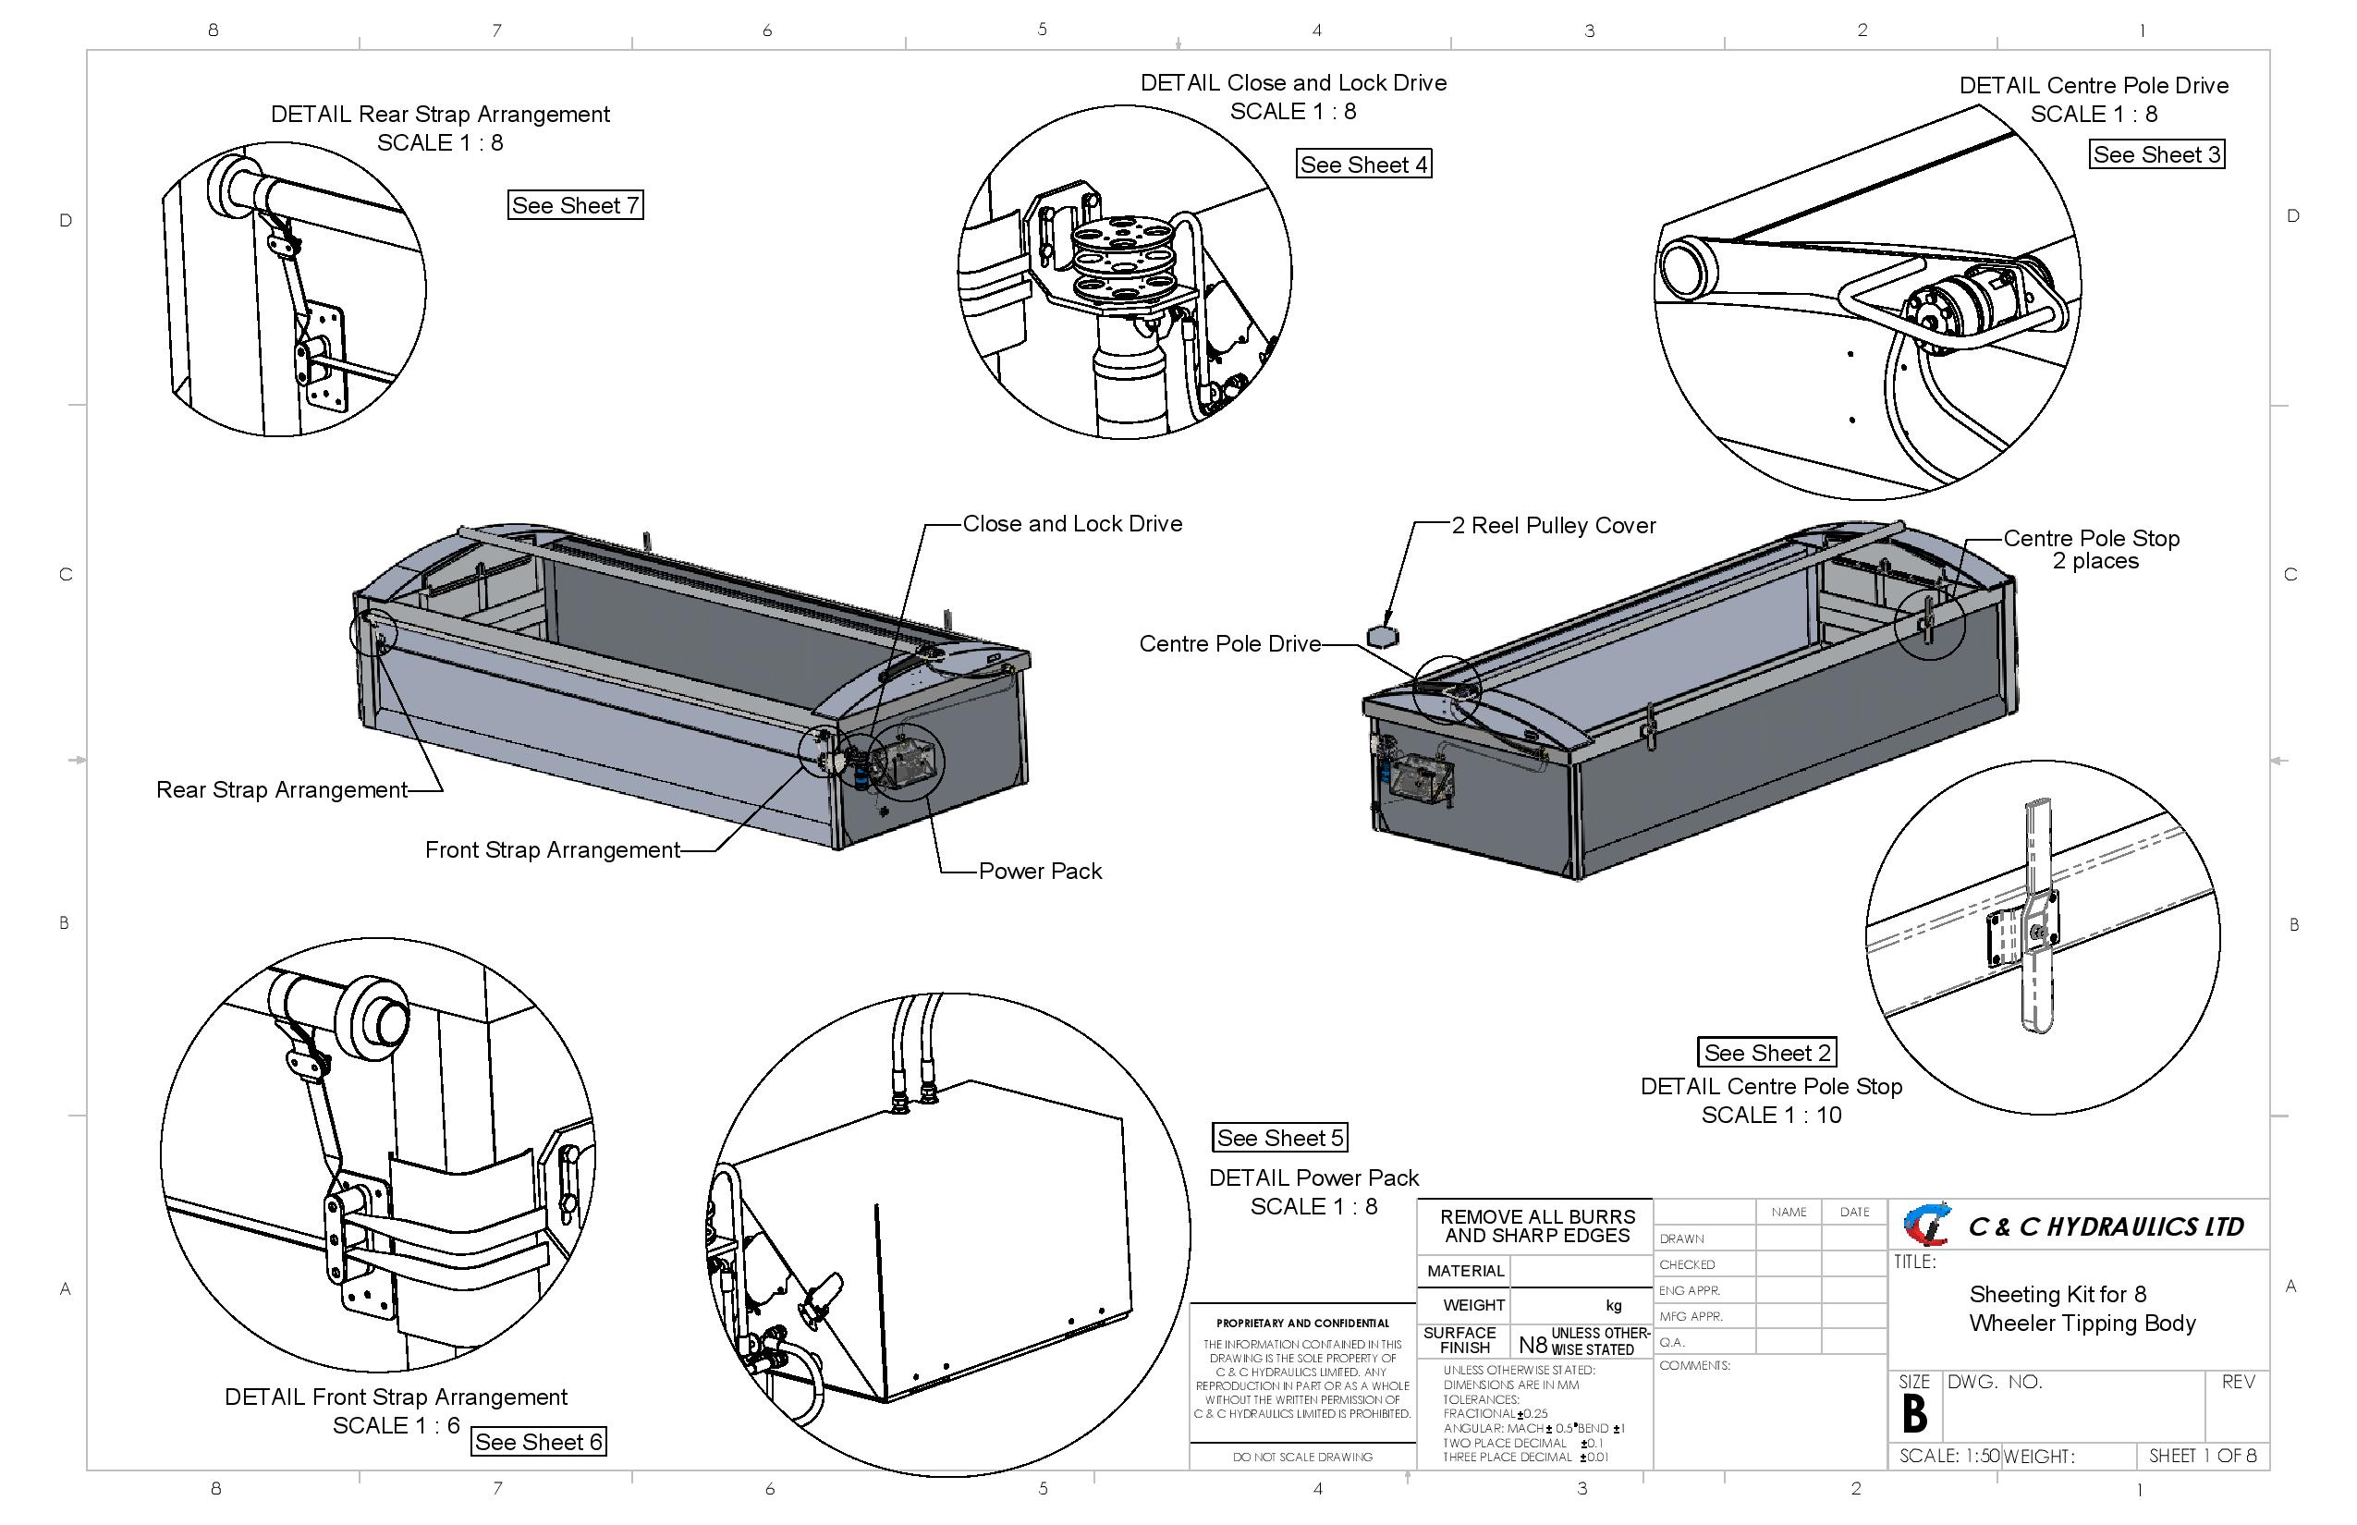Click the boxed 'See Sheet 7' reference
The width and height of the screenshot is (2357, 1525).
click(x=574, y=205)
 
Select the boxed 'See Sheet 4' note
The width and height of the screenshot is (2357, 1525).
click(x=1362, y=165)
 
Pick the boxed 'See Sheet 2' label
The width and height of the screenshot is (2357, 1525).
click(x=1765, y=1053)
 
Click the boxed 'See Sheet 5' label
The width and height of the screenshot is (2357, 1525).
click(x=1278, y=1138)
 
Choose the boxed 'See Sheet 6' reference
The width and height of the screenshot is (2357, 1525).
click(x=537, y=1442)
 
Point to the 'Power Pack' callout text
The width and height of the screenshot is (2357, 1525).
click(x=1039, y=872)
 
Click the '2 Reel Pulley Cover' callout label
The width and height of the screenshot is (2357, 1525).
click(x=1552, y=526)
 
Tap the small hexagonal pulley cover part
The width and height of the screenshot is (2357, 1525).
click(x=1382, y=636)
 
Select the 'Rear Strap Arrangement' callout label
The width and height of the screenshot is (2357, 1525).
click(x=281, y=790)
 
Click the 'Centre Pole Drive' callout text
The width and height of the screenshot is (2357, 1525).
click(x=1229, y=643)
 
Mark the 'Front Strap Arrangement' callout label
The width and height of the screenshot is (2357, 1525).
click(x=552, y=849)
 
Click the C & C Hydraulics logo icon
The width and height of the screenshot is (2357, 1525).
click(x=1926, y=1224)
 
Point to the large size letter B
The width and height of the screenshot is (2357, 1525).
click(x=1913, y=1414)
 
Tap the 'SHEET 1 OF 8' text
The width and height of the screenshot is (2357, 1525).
click(x=2202, y=1456)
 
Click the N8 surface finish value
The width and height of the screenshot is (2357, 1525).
click(x=1531, y=1344)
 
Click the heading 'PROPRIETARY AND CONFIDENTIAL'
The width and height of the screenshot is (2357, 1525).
click(x=1301, y=1323)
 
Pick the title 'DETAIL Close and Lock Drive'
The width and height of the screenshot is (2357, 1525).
click(x=1292, y=83)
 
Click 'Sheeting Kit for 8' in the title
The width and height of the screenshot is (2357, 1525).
click(x=2057, y=1294)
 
